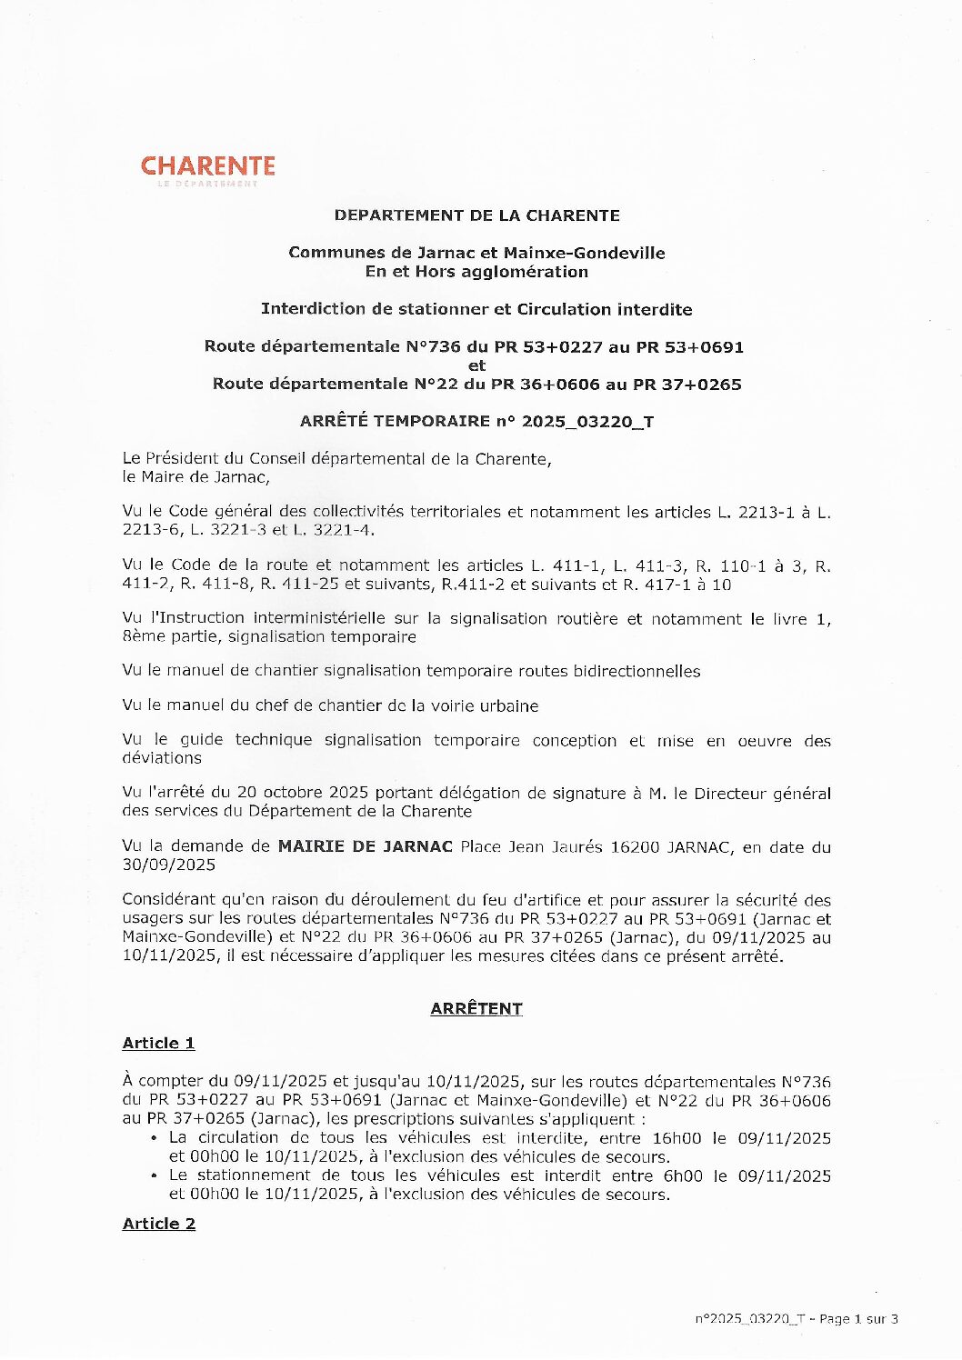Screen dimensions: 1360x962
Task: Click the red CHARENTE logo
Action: (207, 167)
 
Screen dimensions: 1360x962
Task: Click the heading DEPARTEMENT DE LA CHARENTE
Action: (476, 215)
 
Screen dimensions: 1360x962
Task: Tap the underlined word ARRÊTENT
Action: (476, 1009)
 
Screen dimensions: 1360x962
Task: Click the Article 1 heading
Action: (158, 1044)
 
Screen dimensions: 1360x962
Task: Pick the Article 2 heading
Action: (158, 1224)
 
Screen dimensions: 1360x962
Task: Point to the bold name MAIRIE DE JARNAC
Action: (365, 846)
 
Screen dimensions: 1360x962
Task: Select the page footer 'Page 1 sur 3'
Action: (858, 1319)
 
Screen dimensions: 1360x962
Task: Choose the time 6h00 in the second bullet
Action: (683, 1175)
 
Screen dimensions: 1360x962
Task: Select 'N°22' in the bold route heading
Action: (435, 384)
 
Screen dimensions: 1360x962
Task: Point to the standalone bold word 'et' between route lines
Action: (476, 365)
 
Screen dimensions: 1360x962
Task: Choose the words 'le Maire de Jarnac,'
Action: (195, 476)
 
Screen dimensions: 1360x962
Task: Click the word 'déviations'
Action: (162, 757)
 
